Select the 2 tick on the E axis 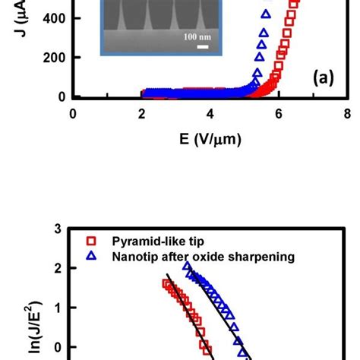(x=141, y=114)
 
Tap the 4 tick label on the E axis (x=210, y=114)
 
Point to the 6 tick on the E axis (x=279, y=114)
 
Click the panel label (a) (x=323, y=77)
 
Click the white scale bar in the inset (x=202, y=47)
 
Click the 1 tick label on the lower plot (x=58, y=308)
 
